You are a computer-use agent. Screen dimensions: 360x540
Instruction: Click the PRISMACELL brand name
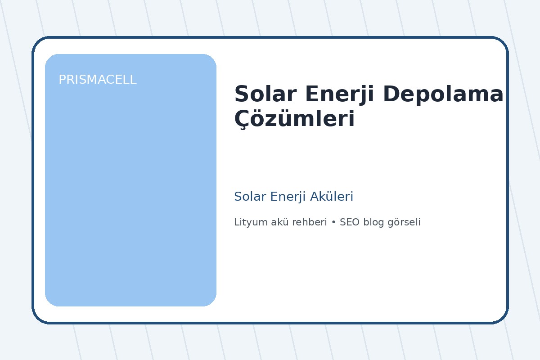point(97,80)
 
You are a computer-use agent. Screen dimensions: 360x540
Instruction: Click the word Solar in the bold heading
point(259,94)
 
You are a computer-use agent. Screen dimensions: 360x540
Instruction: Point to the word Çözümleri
point(294,120)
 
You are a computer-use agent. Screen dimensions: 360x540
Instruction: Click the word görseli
point(404,222)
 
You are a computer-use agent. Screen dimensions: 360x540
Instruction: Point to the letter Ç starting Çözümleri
point(242,120)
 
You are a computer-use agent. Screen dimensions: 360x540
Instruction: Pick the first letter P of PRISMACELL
point(62,80)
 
